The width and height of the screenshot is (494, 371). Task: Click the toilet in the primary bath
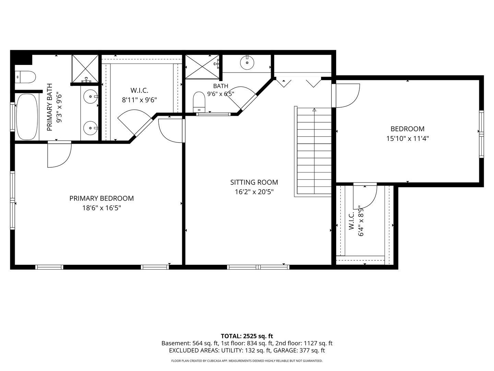pos(25,77)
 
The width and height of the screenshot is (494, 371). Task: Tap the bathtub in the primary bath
pos(27,117)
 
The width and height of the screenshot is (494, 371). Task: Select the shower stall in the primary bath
pos(85,68)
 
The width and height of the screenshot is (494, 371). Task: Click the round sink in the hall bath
pos(247,63)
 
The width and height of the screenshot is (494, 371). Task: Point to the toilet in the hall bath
pos(199,102)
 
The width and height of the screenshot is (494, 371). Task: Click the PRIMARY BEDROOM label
pos(102,199)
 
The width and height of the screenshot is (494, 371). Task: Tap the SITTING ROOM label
pos(254,182)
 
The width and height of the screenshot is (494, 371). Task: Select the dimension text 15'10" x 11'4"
pos(408,138)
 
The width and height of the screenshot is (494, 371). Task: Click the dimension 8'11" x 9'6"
pos(139,100)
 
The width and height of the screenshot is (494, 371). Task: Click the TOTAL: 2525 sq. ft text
pos(247,336)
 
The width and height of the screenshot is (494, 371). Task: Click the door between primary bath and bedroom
pos(59,154)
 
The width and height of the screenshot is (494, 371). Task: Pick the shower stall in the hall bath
pos(202,67)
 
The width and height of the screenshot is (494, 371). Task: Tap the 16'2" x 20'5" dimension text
pos(254,192)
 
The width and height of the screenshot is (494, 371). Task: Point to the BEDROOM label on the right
pos(408,129)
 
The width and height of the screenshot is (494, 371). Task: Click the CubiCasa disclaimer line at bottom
pos(247,361)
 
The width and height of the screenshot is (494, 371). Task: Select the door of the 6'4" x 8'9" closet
pos(365,196)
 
